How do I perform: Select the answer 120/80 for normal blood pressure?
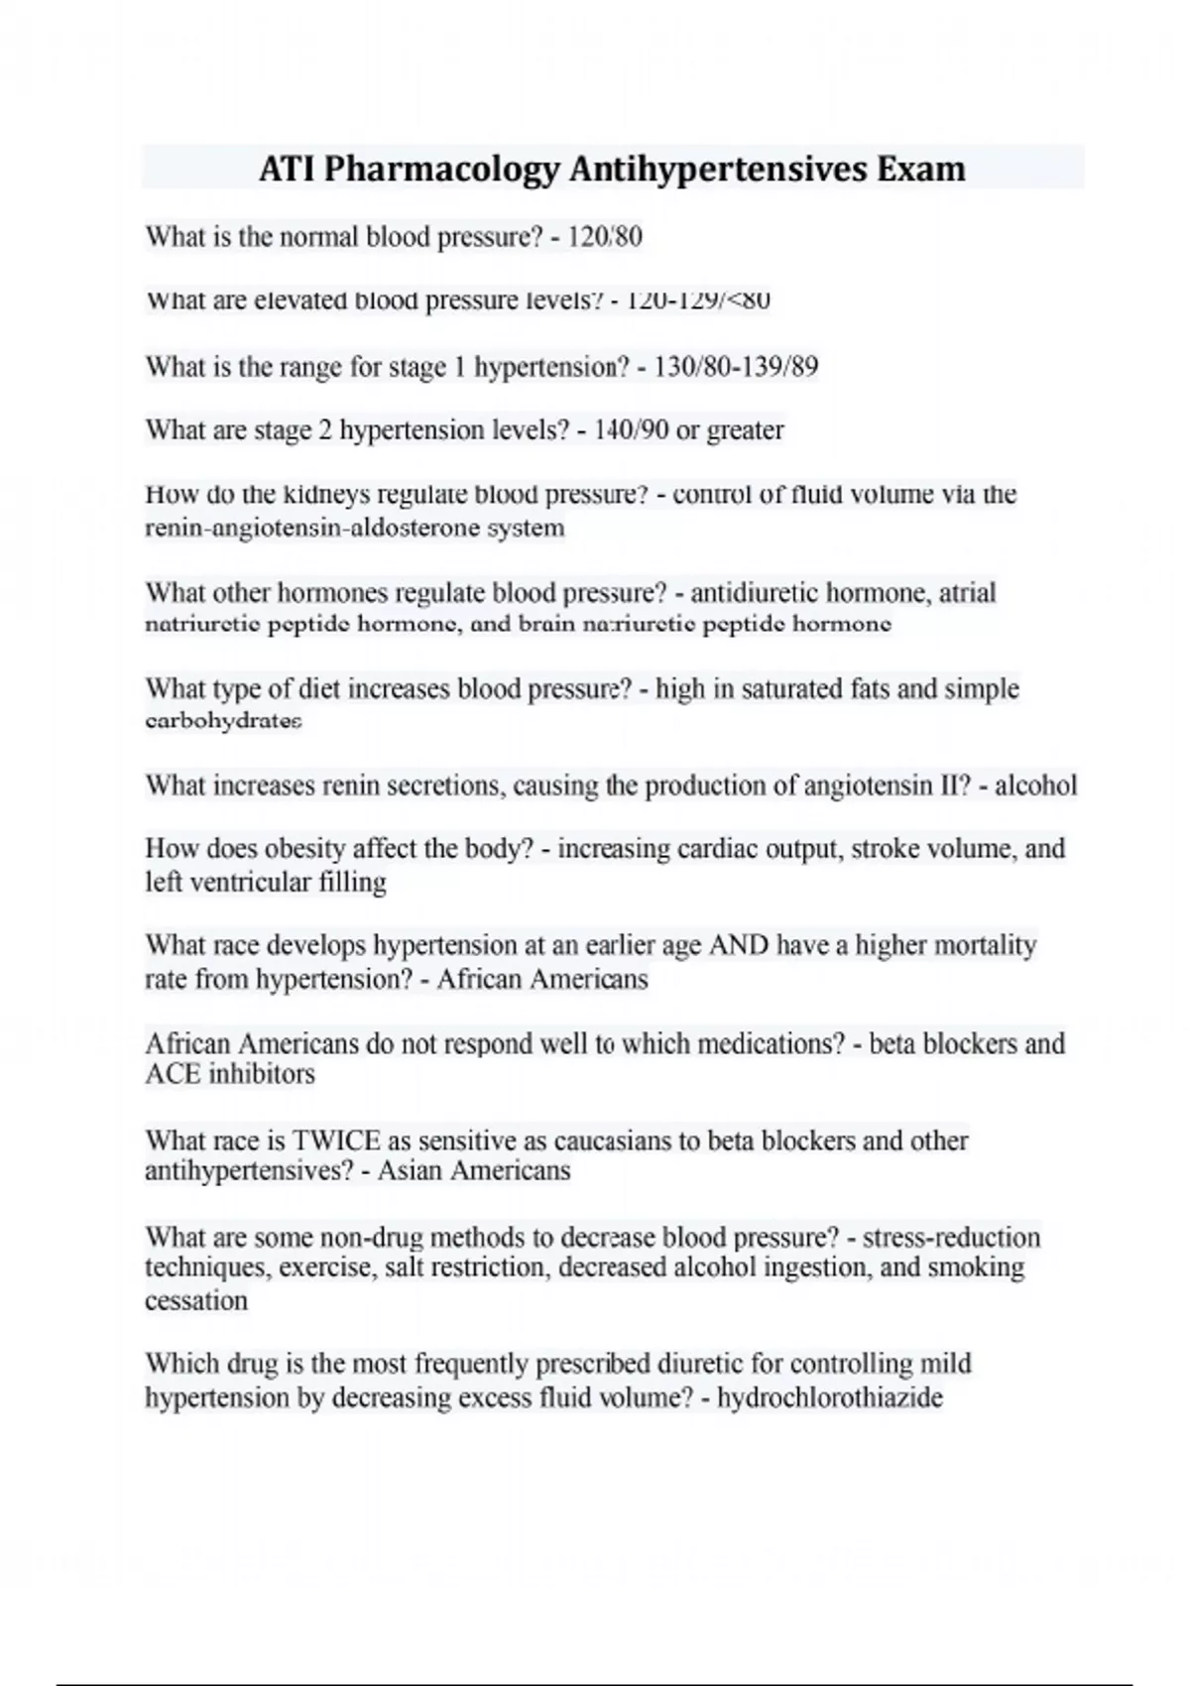(x=605, y=237)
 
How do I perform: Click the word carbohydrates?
(x=223, y=721)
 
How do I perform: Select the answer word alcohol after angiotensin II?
(x=1035, y=786)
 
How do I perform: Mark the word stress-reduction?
(x=951, y=1238)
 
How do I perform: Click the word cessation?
(x=196, y=1301)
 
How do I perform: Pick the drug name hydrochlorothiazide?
(x=829, y=1398)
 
